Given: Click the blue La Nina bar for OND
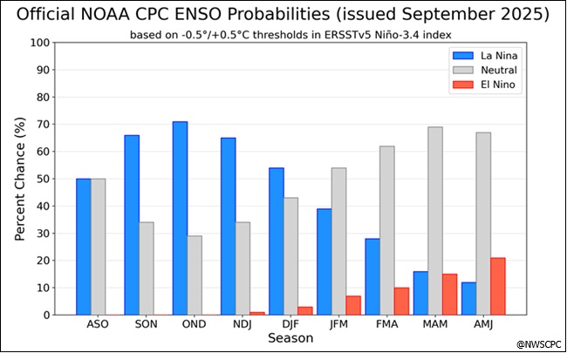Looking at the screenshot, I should tap(181, 218).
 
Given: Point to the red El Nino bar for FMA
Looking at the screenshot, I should tap(401, 301).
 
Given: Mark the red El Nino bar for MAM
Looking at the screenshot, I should tap(449, 295).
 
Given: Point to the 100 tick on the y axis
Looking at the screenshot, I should tap(39, 43).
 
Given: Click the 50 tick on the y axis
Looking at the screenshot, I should tap(43, 179).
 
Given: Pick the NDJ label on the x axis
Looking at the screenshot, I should tap(243, 323).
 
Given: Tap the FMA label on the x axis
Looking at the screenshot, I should tap(387, 323).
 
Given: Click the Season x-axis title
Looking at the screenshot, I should tap(291, 337).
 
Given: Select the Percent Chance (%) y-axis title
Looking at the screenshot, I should tap(20, 179).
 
